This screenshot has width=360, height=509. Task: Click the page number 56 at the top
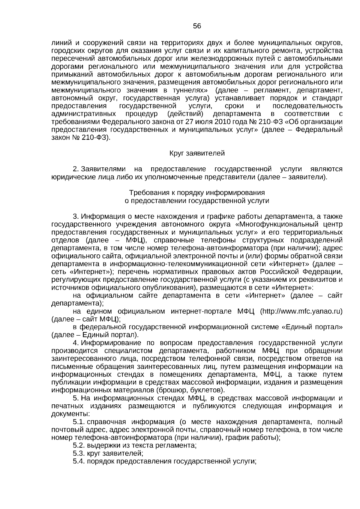click(x=197, y=26)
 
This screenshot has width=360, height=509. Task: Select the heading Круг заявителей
click(x=197, y=154)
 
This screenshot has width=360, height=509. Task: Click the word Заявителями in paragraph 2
click(x=103, y=169)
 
